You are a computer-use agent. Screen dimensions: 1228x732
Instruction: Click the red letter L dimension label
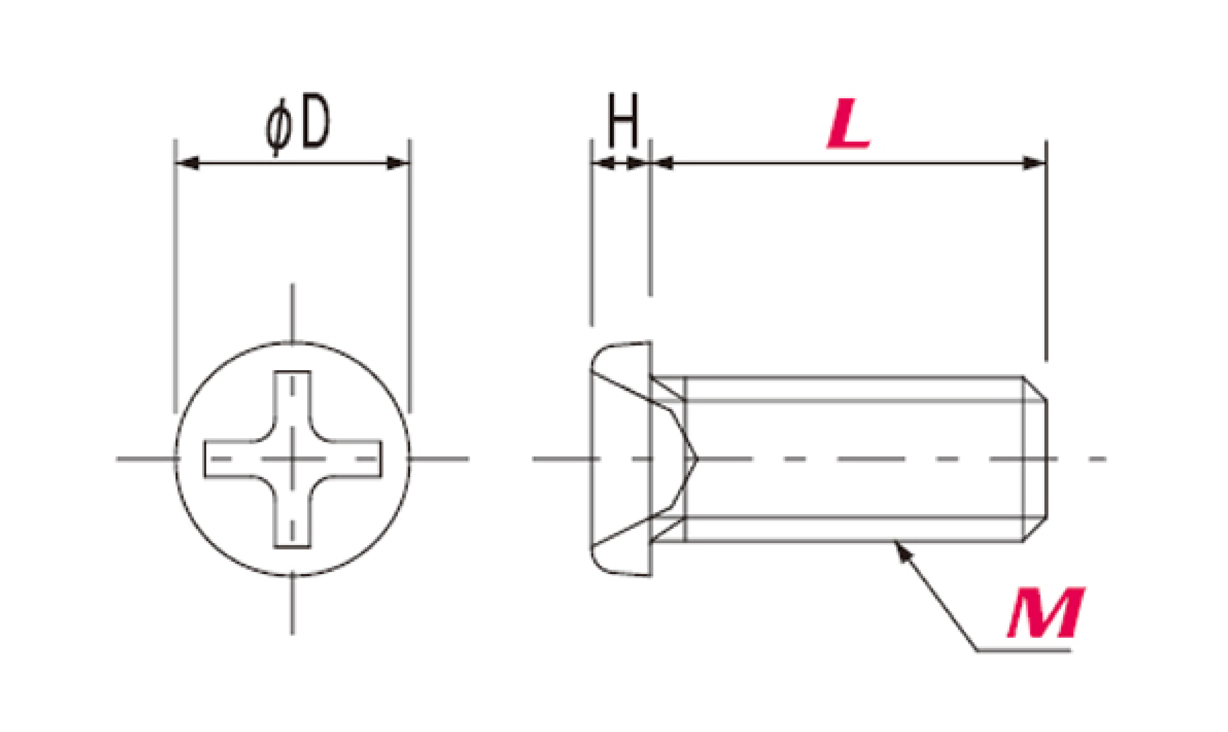848,123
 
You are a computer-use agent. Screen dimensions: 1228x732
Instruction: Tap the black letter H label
623,120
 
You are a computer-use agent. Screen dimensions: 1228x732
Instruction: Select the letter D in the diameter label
315,120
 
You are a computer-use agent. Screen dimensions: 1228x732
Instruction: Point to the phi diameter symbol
278,127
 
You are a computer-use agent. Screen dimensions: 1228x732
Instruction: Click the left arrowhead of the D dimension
188,163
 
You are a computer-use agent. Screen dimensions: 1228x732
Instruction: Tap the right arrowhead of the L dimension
1034,163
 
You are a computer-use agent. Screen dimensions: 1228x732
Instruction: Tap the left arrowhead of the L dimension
662,163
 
